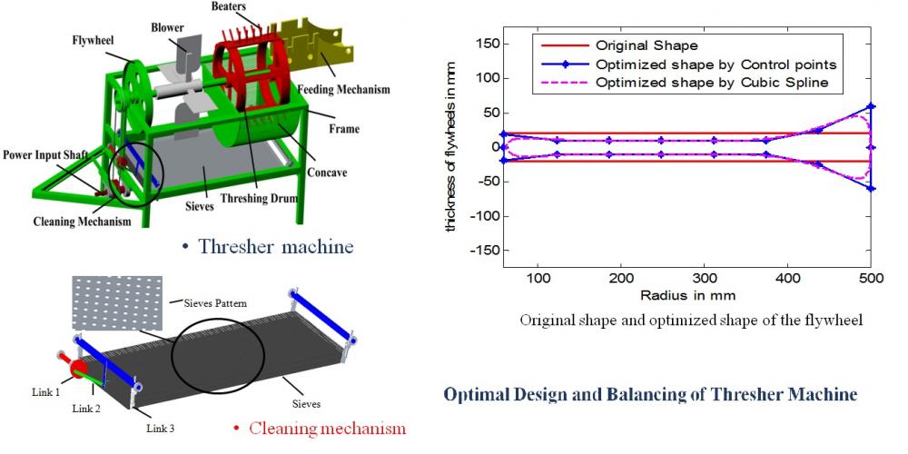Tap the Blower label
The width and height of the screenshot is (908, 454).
pyautogui.click(x=168, y=27)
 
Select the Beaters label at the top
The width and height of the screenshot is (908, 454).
pyautogui.click(x=229, y=6)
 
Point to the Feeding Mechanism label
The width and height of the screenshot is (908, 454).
pyautogui.click(x=344, y=90)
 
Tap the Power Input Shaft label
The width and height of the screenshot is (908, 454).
pyautogui.click(x=44, y=155)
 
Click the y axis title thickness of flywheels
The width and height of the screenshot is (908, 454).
pyautogui.click(x=451, y=146)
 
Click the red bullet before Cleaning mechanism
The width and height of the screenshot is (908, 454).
pyautogui.click(x=235, y=428)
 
